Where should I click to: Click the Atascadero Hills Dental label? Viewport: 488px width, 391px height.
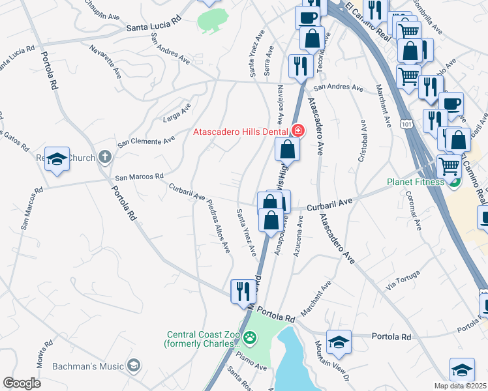(x=241, y=132)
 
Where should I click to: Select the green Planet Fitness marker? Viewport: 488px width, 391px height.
(x=455, y=182)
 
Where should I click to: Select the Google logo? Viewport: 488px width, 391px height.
(x=22, y=383)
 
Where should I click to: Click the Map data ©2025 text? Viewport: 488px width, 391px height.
(x=461, y=386)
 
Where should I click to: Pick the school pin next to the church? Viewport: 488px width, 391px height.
(x=57, y=159)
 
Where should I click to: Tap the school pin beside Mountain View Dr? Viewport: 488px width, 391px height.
(x=339, y=341)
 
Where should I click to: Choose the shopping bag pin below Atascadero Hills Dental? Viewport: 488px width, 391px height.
(x=287, y=150)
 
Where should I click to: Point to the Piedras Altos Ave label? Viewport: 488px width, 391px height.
(x=219, y=225)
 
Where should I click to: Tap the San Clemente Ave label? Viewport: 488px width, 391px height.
(x=146, y=140)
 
